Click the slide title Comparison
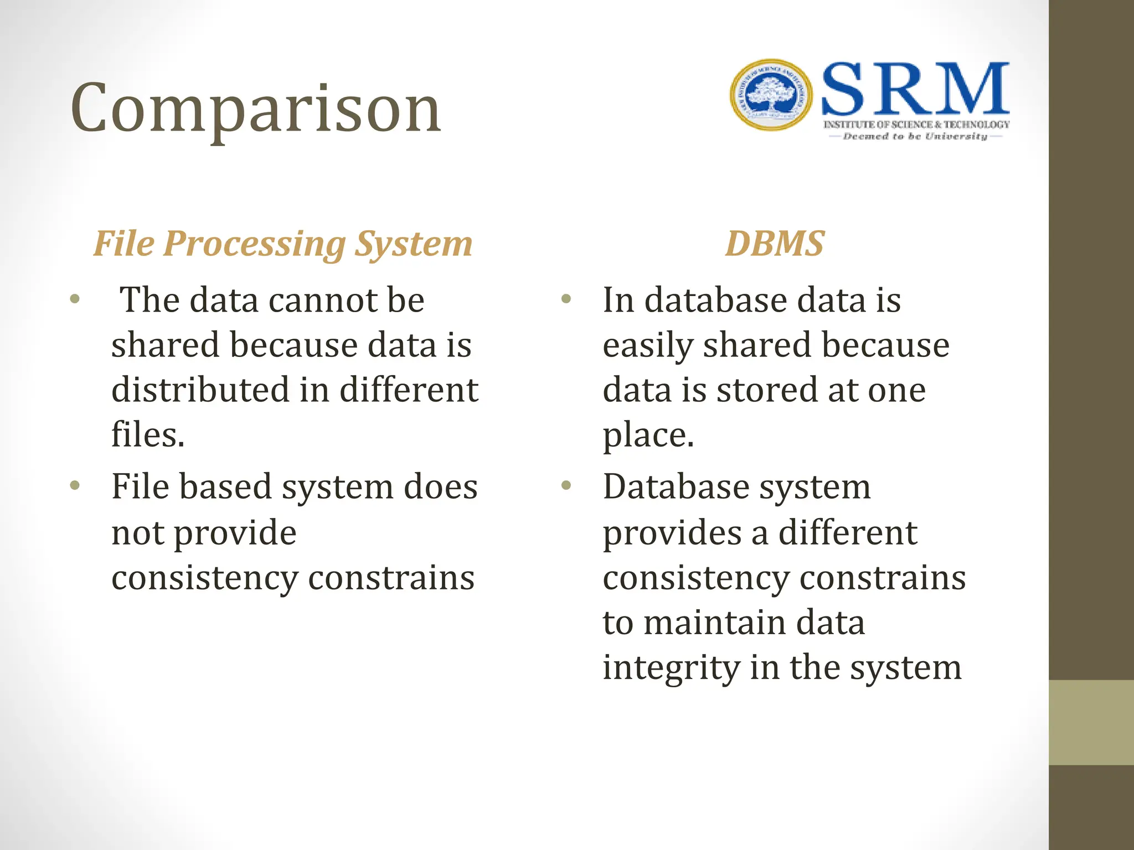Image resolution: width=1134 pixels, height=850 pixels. [x=256, y=109]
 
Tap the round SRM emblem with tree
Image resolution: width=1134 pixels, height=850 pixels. [x=771, y=95]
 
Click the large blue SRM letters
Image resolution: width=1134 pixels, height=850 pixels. [x=915, y=89]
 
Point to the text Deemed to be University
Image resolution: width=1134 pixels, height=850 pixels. [x=915, y=136]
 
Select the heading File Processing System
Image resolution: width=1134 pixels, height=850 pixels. [x=282, y=243]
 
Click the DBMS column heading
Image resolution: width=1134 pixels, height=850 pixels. [x=775, y=243]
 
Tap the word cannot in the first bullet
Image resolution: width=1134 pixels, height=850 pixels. [x=323, y=300]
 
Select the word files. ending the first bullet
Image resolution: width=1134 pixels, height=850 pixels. [x=148, y=435]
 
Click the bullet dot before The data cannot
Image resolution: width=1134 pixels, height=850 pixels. [x=75, y=300]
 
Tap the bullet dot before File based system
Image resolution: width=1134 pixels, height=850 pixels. [x=75, y=486]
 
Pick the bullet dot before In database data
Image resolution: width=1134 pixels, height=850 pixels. [x=565, y=300]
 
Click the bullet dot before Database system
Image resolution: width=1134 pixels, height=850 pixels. [x=565, y=486]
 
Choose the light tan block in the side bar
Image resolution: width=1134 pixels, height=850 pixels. [x=1091, y=722]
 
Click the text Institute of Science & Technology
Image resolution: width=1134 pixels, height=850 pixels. [x=916, y=125]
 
